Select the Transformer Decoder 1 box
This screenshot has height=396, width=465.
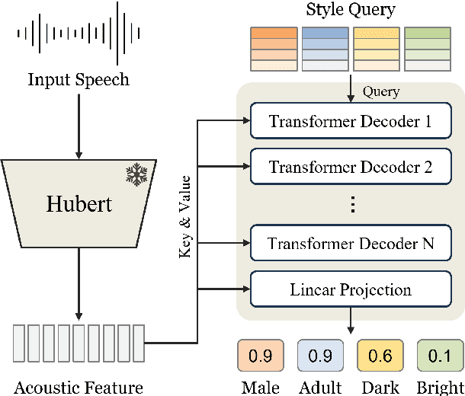tap(350, 121)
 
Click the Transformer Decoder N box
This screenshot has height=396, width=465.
tap(350, 244)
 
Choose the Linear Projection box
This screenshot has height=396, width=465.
tap(350, 289)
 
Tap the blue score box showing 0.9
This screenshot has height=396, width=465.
tap(319, 355)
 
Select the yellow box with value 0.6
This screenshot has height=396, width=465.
tap(379, 355)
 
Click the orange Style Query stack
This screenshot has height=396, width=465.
tap(272, 49)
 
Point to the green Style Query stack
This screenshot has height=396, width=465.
tap(427, 49)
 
